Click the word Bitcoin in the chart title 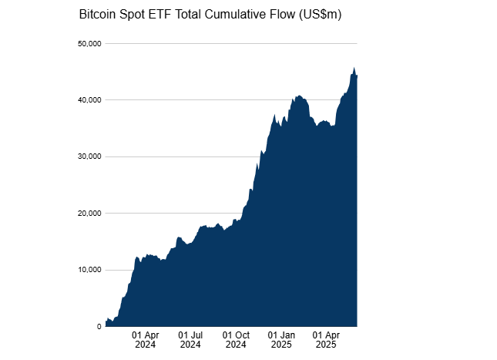click(x=99, y=15)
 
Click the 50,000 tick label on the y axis click(x=89, y=43)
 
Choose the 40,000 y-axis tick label click(x=89, y=100)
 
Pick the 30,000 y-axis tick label click(x=89, y=156)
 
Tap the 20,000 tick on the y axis click(x=89, y=214)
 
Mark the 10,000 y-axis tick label click(x=89, y=270)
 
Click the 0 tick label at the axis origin click(x=99, y=327)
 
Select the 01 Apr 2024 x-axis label click(x=145, y=340)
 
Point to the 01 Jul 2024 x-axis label click(x=190, y=340)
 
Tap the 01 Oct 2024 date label click(x=236, y=340)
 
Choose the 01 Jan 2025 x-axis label click(x=281, y=340)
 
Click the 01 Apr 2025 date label click(x=327, y=340)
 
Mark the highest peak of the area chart click(x=354, y=69)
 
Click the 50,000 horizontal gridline click(x=231, y=43)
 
